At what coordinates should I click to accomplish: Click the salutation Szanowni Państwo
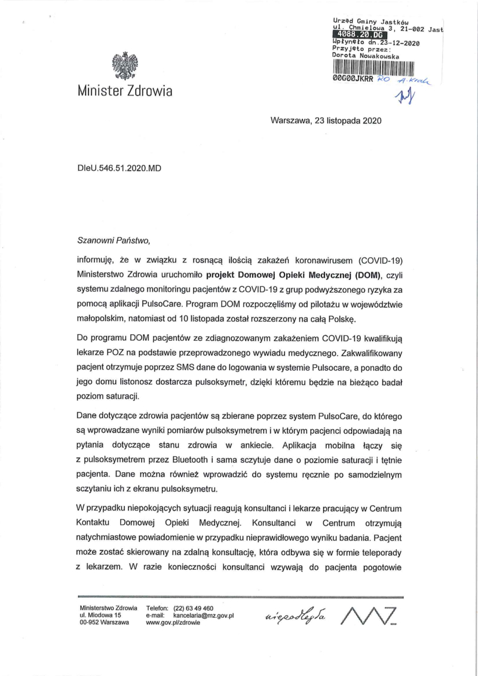pyautogui.click(x=111, y=241)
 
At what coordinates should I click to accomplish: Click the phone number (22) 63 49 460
pyautogui.click(x=194, y=608)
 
